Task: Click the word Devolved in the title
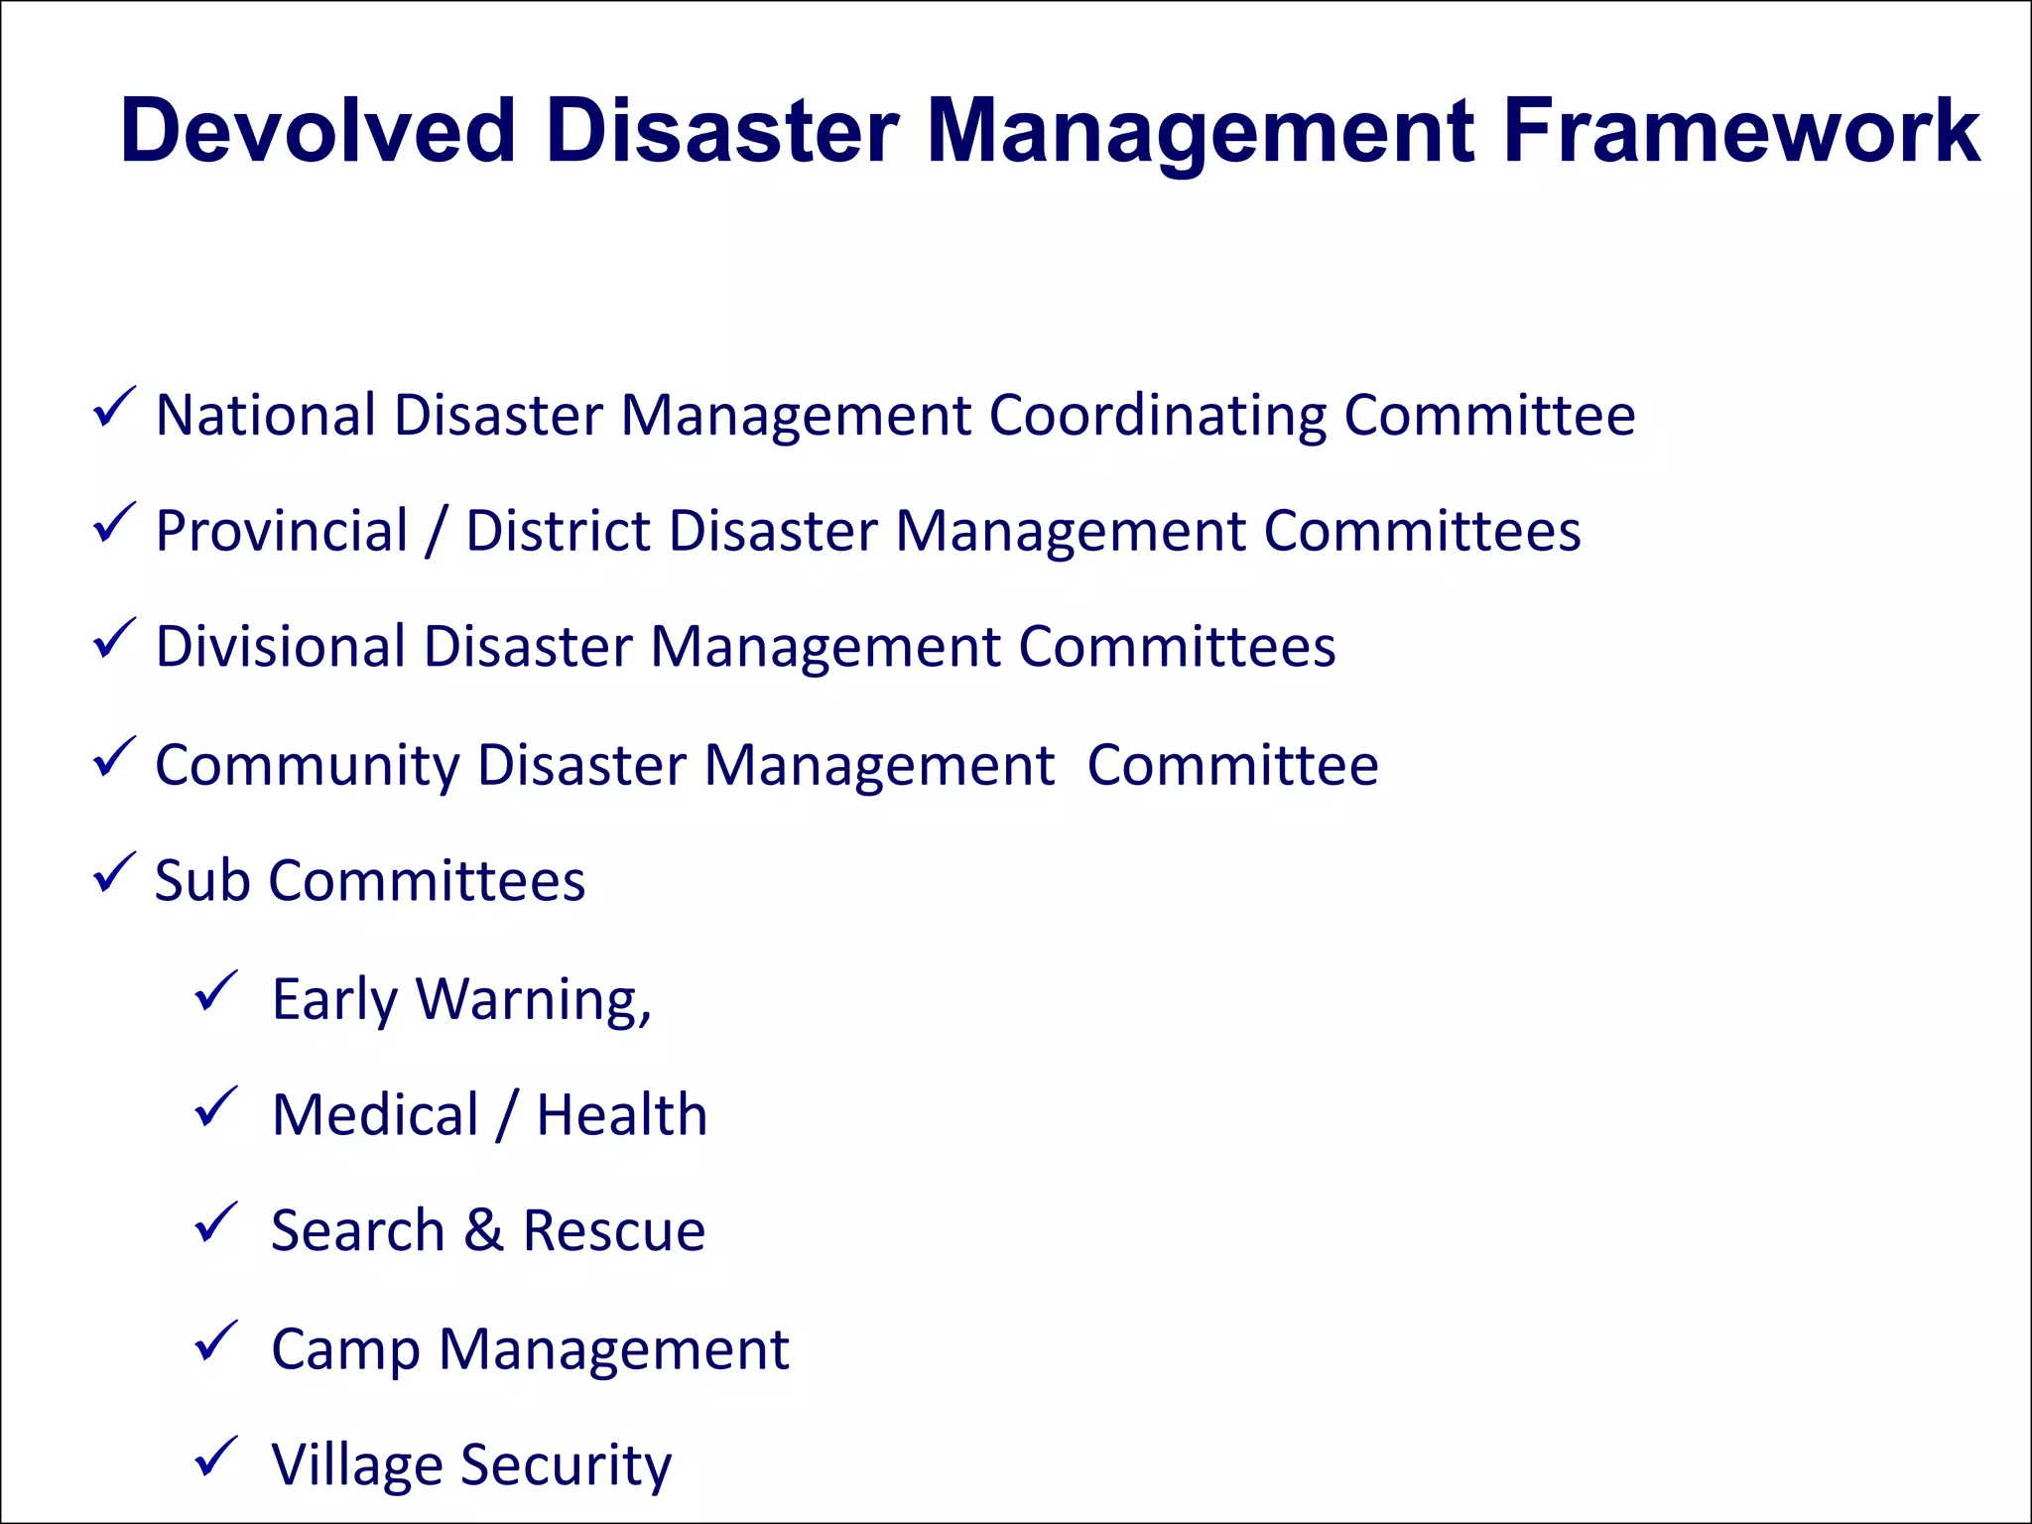pos(317,131)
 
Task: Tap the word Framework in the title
pos(1741,131)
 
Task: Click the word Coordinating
pos(1157,417)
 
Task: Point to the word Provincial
pos(282,532)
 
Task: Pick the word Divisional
pos(279,647)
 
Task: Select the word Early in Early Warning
pos(334,1000)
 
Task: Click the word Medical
pos(375,1114)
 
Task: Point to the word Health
pos(622,1114)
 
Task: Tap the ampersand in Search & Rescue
pos(483,1230)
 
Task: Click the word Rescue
pos(614,1231)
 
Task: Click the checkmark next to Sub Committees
pos(113,873)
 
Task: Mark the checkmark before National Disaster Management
pos(113,408)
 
